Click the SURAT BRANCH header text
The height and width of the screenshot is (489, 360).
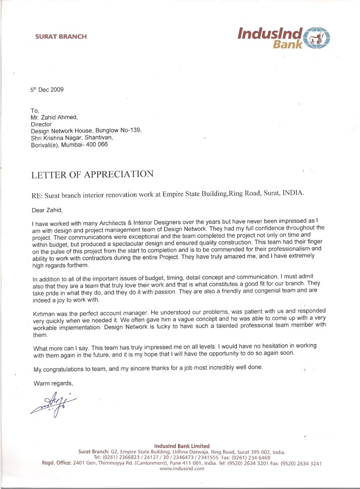[61, 37]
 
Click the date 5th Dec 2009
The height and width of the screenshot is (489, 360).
[47, 90]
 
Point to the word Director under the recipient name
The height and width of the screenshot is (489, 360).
[41, 124]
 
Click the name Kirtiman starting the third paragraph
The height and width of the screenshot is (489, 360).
[46, 313]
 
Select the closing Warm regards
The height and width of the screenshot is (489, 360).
[53, 384]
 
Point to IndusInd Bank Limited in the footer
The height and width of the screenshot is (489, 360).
[182, 446]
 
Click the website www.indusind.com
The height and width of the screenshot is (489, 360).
[182, 469]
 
